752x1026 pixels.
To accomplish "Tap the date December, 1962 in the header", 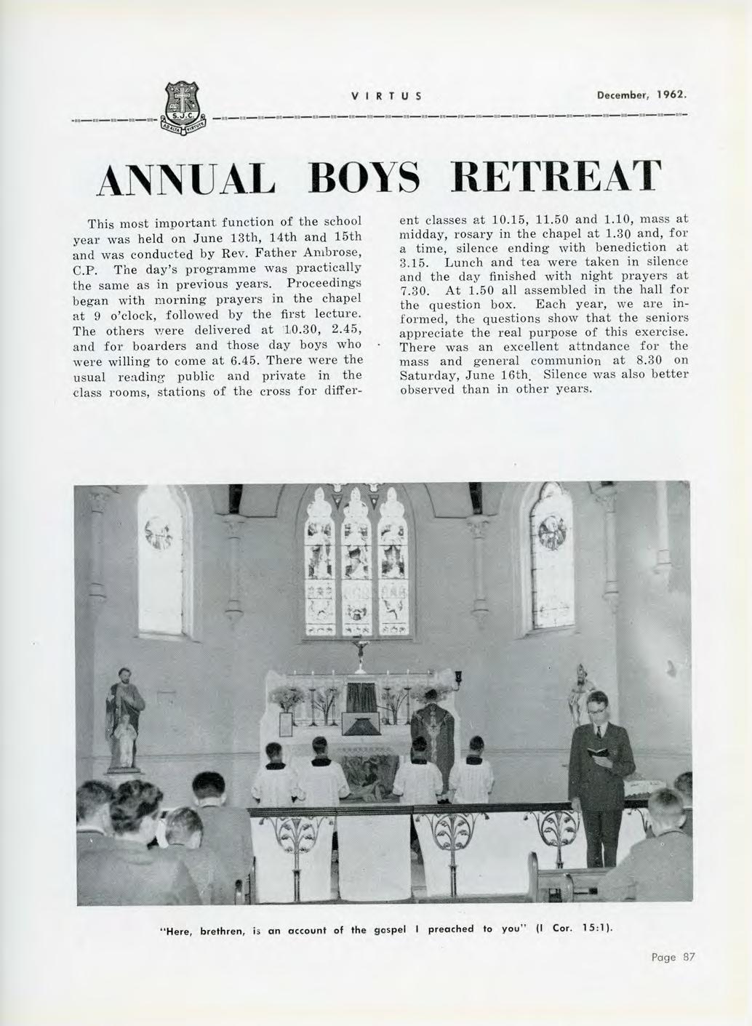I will pyautogui.click(x=641, y=95).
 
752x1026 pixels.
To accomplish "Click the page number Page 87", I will pyautogui.click(x=673, y=958).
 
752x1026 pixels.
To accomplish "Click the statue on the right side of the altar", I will pyautogui.click(x=581, y=691).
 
